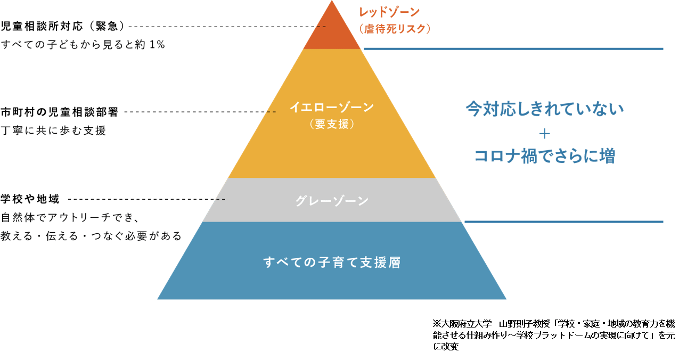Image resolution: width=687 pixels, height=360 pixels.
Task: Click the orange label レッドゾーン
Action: pyautogui.click(x=389, y=12)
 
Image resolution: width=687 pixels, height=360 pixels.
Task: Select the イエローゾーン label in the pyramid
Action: pyautogui.click(x=332, y=107)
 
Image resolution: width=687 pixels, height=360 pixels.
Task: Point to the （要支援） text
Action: pyautogui.click(x=332, y=124)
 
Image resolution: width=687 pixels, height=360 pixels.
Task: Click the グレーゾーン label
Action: pyautogui.click(x=332, y=201)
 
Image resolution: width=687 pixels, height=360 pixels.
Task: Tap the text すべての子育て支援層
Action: pyautogui.click(x=332, y=262)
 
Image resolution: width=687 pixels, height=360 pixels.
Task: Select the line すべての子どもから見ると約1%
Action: pyautogui.click(x=83, y=45)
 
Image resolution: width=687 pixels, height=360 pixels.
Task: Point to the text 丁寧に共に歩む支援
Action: pyautogui.click(x=54, y=130)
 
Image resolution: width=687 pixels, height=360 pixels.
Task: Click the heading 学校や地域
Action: pyautogui.click(x=30, y=199)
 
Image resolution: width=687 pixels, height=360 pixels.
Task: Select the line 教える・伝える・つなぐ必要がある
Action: pyautogui.click(x=91, y=235)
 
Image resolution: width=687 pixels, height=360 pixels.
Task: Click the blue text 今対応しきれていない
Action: pyautogui.click(x=544, y=109)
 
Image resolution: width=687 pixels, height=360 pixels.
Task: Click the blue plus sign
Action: pyautogui.click(x=544, y=133)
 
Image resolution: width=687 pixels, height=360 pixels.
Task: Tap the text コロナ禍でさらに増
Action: pyautogui.click(x=544, y=156)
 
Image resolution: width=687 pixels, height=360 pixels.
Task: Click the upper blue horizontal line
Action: pyautogui.click(x=513, y=49)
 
